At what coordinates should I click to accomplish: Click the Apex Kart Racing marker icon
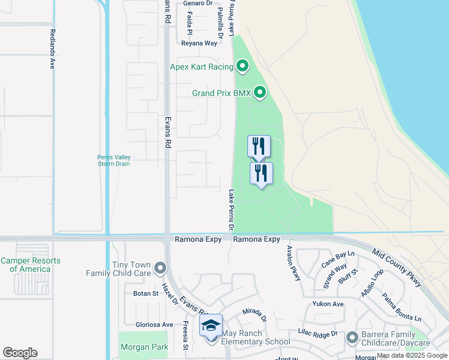242,66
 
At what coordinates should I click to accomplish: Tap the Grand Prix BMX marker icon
260,92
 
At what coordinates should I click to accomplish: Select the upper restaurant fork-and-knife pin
259,146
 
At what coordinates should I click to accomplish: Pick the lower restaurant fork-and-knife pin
261,173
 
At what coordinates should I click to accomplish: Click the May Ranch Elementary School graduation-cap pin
211,326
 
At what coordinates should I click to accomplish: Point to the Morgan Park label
144,347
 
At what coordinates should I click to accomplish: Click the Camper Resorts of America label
31,265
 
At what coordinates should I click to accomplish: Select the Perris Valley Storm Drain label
114,161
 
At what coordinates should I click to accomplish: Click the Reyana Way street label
199,43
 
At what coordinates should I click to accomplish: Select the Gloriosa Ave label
154,325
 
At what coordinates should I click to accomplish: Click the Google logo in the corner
20,353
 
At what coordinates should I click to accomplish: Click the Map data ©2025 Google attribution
412,355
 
